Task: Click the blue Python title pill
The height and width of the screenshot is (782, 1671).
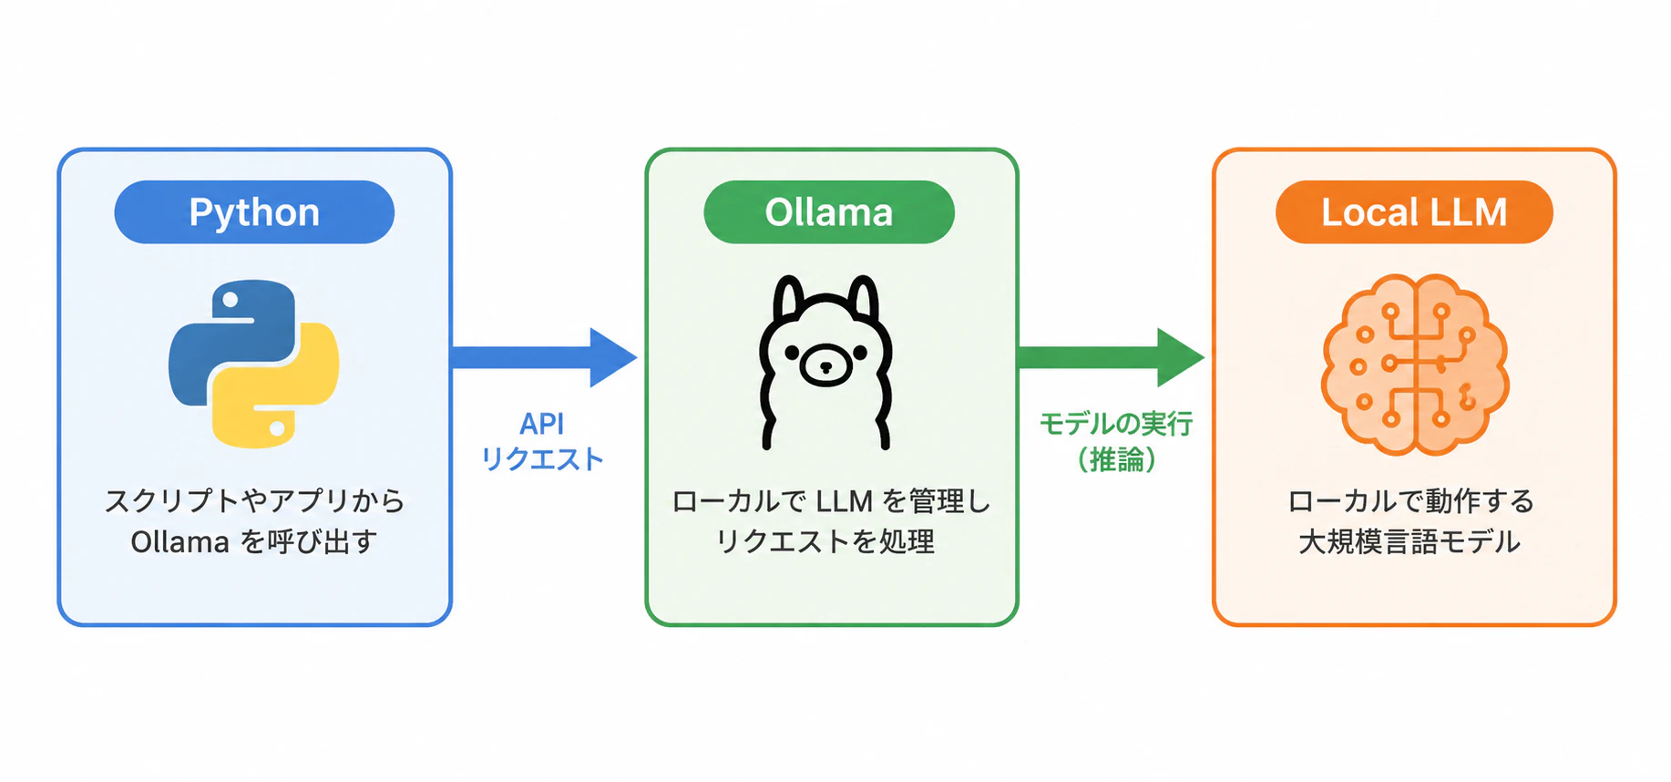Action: click(254, 212)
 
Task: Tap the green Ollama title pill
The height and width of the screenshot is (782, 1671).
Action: click(829, 212)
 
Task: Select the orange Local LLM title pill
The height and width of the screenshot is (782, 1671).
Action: click(1414, 212)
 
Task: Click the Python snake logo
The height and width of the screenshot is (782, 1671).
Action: click(254, 364)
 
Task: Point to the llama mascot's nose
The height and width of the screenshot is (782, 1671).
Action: click(825, 367)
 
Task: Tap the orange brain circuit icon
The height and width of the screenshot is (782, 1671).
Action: click(1415, 365)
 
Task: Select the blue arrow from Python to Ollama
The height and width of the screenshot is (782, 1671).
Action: click(544, 357)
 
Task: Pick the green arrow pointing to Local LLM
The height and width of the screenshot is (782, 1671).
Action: click(1111, 357)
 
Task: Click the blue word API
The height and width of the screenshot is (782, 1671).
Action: click(542, 424)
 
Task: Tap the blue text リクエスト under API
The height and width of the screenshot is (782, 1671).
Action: click(542, 459)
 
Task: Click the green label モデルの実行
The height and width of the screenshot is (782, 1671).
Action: click(1116, 424)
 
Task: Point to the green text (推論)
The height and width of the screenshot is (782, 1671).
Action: click(1116, 459)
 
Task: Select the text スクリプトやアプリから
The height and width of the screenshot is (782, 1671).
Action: click(254, 500)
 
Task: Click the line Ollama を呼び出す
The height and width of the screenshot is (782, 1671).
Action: click(254, 542)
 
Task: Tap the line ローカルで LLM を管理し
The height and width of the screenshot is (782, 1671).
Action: click(831, 501)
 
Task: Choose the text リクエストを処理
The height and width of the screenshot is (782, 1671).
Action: click(825, 542)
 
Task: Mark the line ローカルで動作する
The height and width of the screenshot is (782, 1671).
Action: click(1411, 501)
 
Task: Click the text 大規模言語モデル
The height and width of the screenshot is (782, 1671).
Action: click(1410, 542)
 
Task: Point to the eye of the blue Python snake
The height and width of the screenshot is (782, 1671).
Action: click(231, 300)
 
